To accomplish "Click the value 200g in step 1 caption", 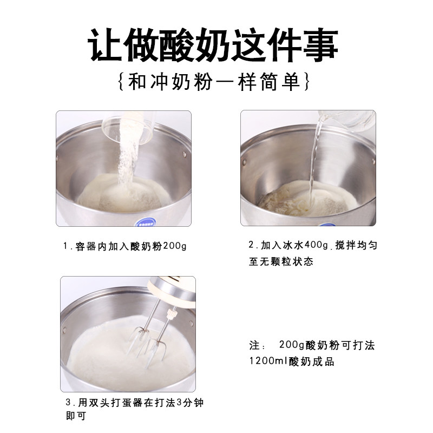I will click(175, 246).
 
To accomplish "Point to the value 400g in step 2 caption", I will click(316, 245).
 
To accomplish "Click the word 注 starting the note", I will click(254, 345).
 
